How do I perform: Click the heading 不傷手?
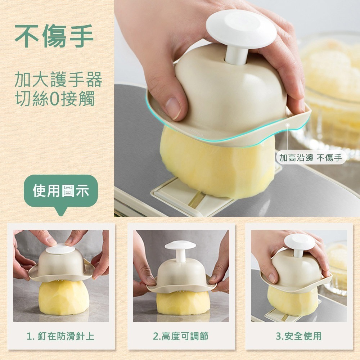(54, 36)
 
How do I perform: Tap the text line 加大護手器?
(58, 79)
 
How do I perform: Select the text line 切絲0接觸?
(54, 99)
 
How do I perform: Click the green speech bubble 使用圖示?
(60, 191)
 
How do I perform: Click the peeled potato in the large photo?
(216, 166)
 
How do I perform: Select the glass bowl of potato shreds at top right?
(331, 83)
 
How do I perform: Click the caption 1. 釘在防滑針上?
(60, 336)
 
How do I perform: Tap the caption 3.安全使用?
(299, 336)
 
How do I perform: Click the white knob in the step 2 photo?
(180, 247)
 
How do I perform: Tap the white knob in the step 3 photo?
(299, 241)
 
